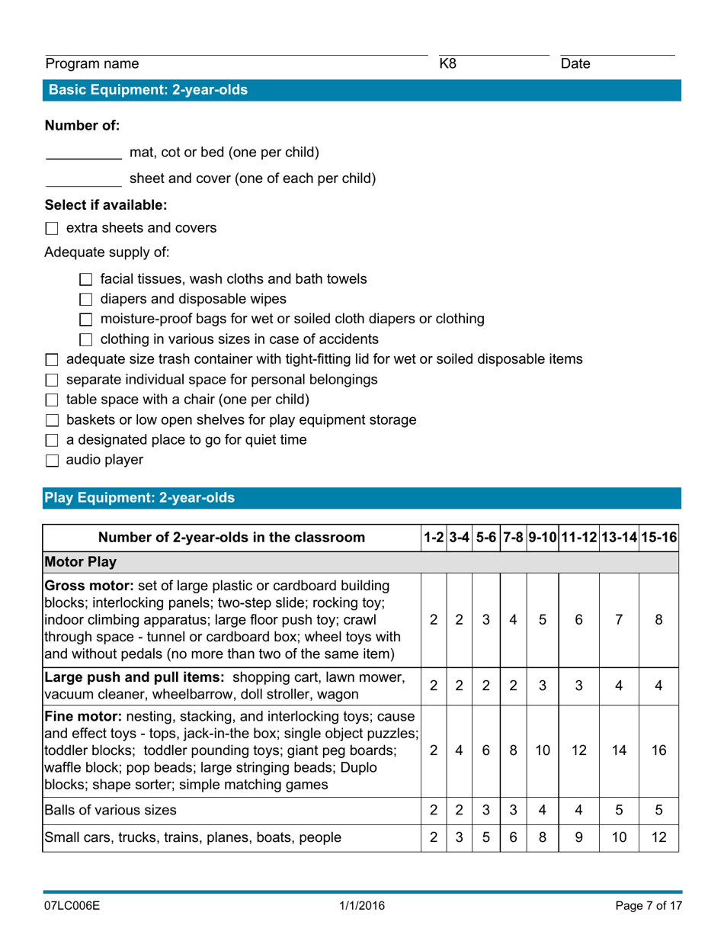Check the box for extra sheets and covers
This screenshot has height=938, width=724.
(52, 228)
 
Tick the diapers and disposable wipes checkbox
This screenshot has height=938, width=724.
(85, 299)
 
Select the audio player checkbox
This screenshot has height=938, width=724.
(52, 461)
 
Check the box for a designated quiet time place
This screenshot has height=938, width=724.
(52, 440)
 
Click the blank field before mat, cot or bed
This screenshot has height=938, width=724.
(83, 153)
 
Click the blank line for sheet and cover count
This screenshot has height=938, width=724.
(83, 180)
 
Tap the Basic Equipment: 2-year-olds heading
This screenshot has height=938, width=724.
(148, 90)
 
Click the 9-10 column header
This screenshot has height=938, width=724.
(541, 538)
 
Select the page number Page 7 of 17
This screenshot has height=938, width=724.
(648, 906)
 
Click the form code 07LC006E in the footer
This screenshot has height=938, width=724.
(72, 906)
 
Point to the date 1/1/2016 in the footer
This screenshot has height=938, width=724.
(362, 906)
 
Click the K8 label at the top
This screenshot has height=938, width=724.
(449, 65)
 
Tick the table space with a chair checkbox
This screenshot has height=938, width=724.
(52, 400)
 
